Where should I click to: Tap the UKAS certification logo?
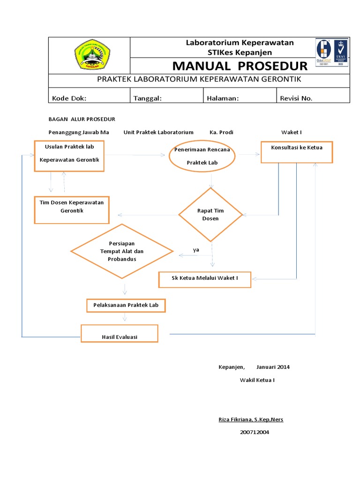(x=341, y=52)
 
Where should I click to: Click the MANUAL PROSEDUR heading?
(x=240, y=66)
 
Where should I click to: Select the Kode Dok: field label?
(x=69, y=98)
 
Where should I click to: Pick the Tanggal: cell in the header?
(x=148, y=98)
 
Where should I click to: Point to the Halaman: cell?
(x=223, y=98)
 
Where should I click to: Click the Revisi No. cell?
(x=296, y=98)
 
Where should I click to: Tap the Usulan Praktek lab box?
(x=70, y=155)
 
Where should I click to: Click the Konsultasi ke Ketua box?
(x=296, y=152)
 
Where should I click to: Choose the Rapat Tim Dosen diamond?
(x=210, y=215)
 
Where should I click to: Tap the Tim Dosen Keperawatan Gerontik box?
(x=72, y=209)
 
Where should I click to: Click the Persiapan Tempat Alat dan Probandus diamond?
(x=122, y=252)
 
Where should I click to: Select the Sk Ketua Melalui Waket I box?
(x=205, y=279)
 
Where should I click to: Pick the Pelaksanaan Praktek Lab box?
(x=126, y=306)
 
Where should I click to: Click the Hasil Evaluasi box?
(x=120, y=333)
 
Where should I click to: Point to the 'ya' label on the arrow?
(x=196, y=250)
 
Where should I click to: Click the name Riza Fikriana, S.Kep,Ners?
(x=251, y=419)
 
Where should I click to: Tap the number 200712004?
(x=255, y=432)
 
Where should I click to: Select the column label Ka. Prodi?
(x=221, y=132)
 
